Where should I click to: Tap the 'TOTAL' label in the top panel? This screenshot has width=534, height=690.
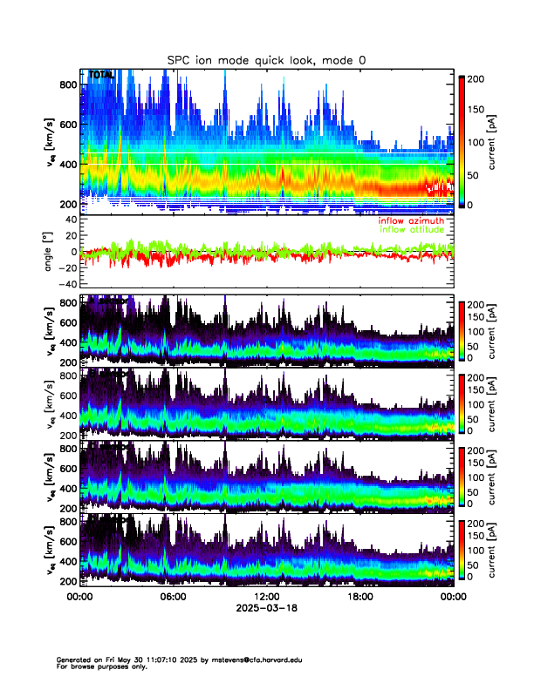(100, 76)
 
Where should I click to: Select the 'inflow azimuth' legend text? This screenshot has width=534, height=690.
(411, 220)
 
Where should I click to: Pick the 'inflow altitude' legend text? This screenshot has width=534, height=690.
(411, 229)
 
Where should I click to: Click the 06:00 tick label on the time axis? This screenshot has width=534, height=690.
(173, 597)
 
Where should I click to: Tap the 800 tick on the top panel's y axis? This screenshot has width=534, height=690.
(69, 85)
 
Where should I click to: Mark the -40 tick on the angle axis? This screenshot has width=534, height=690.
(67, 284)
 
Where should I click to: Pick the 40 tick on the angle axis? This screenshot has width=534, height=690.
(69, 220)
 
